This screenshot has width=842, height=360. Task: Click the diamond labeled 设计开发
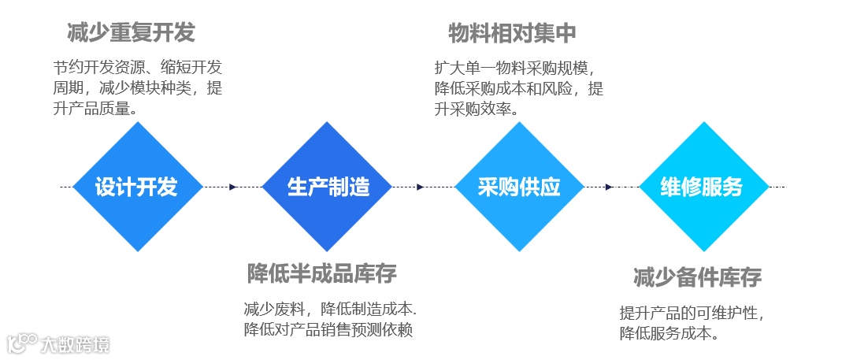(x=138, y=187)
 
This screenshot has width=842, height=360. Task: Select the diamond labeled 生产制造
(x=328, y=187)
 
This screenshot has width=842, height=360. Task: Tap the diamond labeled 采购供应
(x=519, y=187)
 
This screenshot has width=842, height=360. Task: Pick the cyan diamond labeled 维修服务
(x=702, y=187)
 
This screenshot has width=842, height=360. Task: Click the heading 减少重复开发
(x=131, y=33)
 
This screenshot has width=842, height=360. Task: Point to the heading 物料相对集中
(x=512, y=33)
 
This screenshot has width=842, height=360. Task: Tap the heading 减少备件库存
(x=697, y=277)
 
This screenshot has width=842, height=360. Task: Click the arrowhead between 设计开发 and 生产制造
(x=232, y=187)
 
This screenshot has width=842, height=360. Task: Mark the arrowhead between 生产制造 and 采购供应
(x=421, y=187)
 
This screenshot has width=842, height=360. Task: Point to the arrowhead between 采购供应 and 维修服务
(x=608, y=187)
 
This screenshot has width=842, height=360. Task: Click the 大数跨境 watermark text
(x=76, y=344)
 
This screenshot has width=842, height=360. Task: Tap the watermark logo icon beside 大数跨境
(x=22, y=343)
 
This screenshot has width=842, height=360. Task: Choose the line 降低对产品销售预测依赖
(x=328, y=329)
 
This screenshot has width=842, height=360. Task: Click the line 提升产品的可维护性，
(x=692, y=313)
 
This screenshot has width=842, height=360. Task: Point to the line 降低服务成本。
(x=669, y=333)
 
